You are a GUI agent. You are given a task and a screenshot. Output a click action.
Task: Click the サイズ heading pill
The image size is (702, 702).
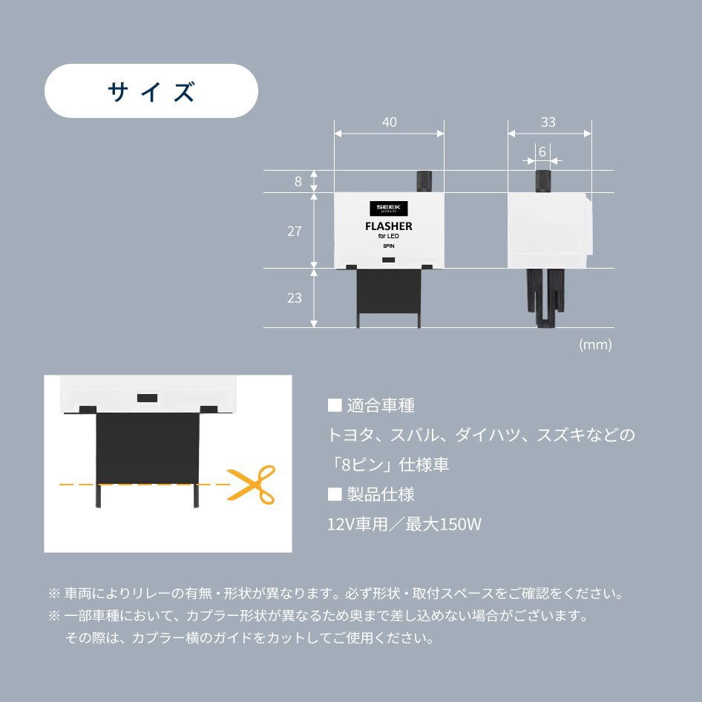tap(151, 91)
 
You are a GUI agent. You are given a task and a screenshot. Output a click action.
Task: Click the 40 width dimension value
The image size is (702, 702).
tap(389, 122)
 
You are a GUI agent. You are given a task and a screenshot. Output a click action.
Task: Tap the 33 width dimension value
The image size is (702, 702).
tap(548, 122)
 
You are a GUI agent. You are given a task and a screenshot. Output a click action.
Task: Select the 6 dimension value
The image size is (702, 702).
tap(542, 151)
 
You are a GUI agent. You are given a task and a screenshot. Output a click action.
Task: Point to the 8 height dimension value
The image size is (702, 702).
tap(298, 181)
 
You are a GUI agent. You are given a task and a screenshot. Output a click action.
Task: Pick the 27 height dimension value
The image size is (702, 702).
tap(295, 231)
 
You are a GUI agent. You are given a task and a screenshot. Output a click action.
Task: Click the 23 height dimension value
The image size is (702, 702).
tap(295, 298)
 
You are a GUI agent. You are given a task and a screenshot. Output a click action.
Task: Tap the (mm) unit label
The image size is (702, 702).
tap(595, 345)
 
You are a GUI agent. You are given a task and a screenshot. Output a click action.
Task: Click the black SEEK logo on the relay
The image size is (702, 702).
tap(388, 209)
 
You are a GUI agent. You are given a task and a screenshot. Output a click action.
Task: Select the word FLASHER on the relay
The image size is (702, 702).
tap(388, 226)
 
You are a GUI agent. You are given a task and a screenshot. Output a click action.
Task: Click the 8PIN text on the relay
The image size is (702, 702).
tap(388, 246)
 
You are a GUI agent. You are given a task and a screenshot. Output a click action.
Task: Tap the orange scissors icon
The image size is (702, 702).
tap(251, 484)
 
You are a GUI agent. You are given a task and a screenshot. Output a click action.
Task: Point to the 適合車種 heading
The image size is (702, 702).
tap(371, 406)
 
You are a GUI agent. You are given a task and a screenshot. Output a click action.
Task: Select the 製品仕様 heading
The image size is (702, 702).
tap(371, 495)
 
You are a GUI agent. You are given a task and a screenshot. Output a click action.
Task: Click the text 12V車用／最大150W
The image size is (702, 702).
tap(404, 525)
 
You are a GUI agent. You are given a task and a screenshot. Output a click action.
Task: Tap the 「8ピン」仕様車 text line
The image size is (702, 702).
tap(388, 465)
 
